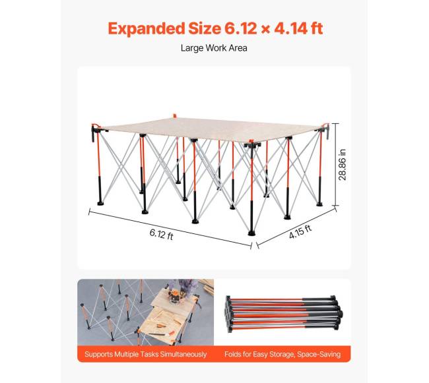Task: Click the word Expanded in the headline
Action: point(147,28)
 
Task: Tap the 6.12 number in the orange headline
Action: point(241,28)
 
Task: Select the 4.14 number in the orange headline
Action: point(291,28)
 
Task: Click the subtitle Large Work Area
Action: point(214,48)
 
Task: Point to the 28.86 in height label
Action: point(343,165)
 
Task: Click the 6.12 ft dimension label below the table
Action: point(162,234)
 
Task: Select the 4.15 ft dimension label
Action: point(300,232)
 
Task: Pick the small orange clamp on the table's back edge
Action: point(174,116)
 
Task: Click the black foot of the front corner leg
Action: point(251,233)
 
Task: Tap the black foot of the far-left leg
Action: point(100,203)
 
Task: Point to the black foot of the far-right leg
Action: point(319,204)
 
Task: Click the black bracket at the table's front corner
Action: point(252,144)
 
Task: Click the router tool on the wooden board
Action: point(174,297)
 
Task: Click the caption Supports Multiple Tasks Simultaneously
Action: point(146,354)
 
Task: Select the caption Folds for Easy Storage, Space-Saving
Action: point(282,354)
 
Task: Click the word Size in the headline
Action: point(205,28)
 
